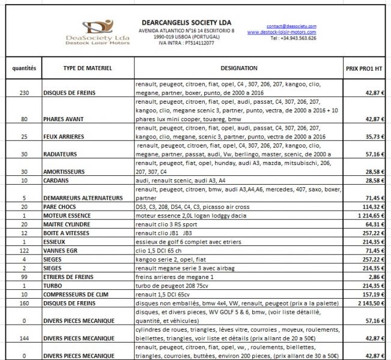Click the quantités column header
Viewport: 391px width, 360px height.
click(x=24, y=68)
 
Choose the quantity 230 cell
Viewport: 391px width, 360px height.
click(x=24, y=94)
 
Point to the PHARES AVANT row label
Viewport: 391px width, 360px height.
click(x=67, y=119)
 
